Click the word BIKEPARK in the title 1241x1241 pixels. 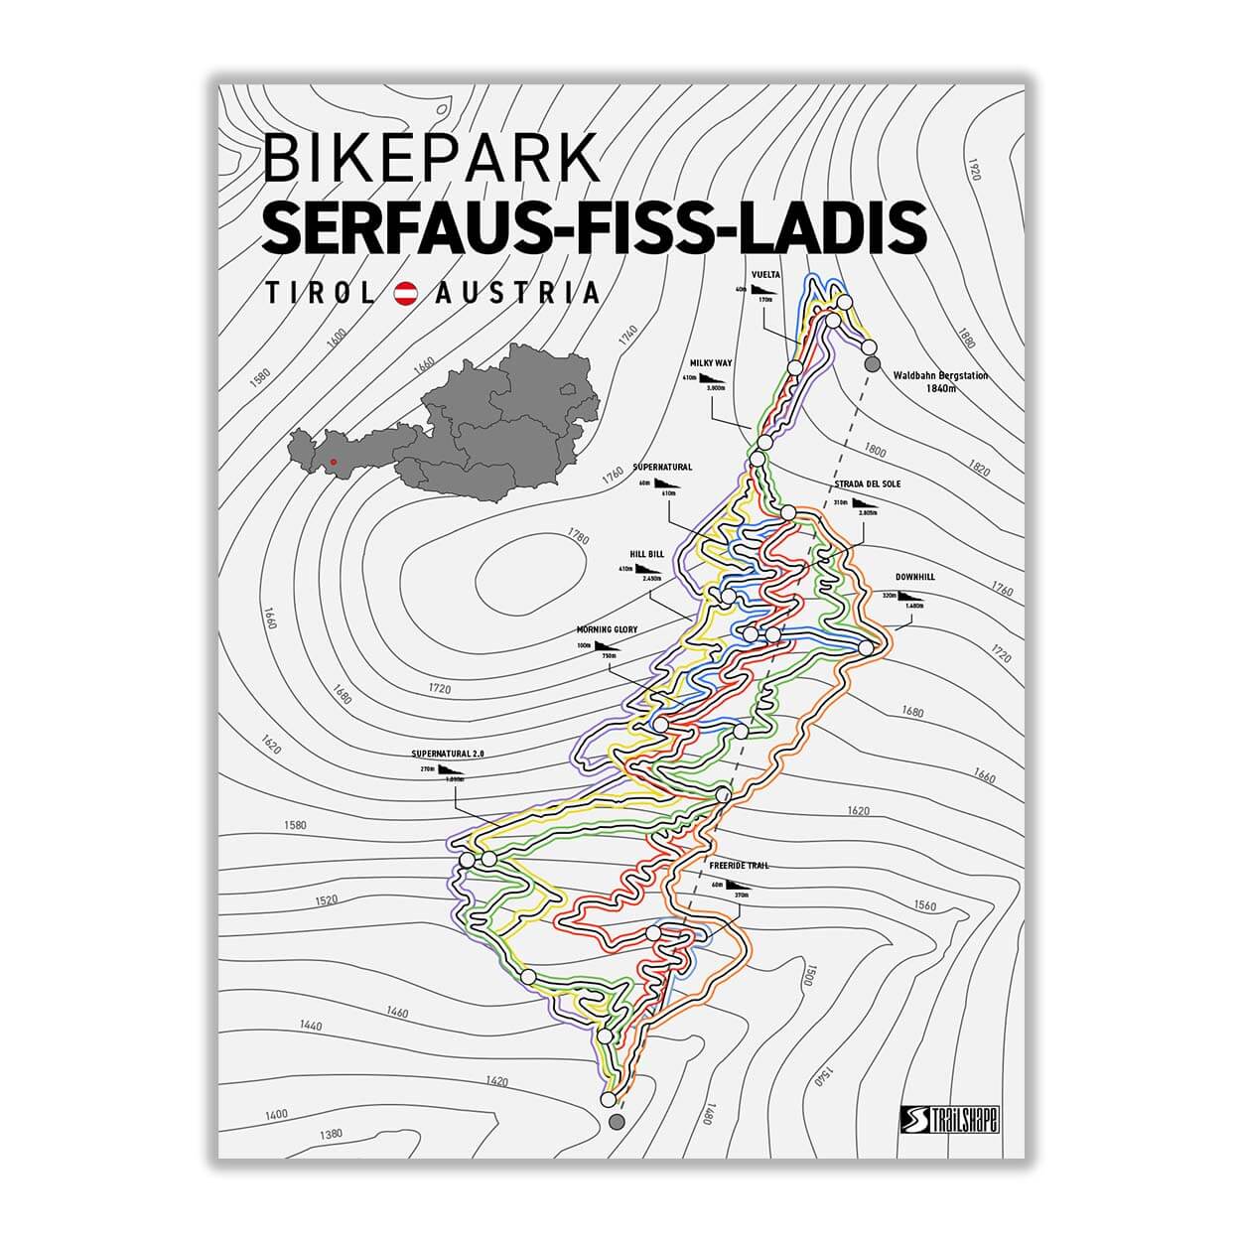click(x=431, y=158)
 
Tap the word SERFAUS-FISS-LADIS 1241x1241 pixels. click(x=593, y=227)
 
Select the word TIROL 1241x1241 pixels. click(x=320, y=293)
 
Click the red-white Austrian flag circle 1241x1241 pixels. click(x=405, y=293)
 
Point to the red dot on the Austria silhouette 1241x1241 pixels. click(x=334, y=461)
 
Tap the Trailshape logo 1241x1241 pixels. click(x=949, y=1119)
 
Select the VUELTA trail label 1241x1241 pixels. click(x=765, y=275)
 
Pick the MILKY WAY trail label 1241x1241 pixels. click(x=711, y=363)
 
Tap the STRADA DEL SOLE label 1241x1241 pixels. click(x=867, y=484)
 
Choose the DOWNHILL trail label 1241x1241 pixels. click(x=914, y=577)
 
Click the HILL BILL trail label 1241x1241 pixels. click(x=646, y=554)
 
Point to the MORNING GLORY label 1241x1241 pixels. click(x=607, y=629)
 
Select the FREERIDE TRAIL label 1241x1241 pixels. click(x=739, y=866)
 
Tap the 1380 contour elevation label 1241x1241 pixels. click(x=331, y=1134)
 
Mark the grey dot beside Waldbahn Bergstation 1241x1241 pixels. click(x=873, y=364)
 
